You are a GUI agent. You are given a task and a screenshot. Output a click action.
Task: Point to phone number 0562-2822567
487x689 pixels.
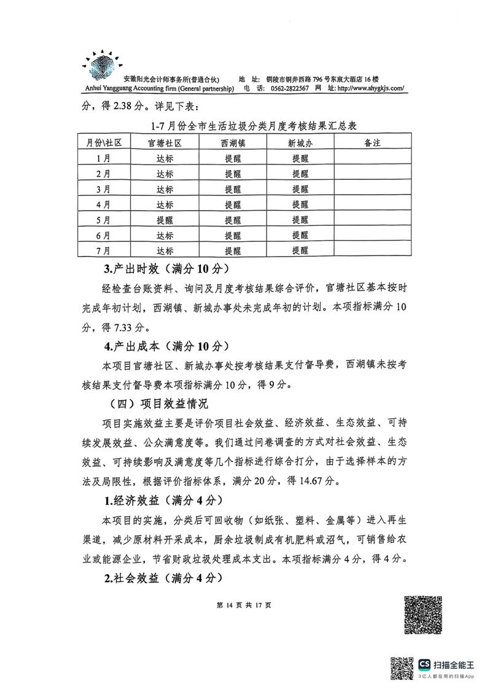(x=287, y=89)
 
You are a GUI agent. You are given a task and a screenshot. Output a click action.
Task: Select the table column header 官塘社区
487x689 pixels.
(x=165, y=142)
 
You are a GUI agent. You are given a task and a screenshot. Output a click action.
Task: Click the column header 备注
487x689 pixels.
(x=373, y=142)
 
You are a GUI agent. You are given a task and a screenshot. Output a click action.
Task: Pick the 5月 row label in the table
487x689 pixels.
(x=104, y=219)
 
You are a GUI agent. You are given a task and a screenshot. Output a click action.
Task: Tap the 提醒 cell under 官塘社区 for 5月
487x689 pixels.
(x=165, y=219)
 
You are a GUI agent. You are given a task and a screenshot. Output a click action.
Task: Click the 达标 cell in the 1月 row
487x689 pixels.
(x=165, y=158)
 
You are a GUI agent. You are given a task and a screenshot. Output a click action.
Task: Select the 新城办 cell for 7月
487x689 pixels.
(x=300, y=250)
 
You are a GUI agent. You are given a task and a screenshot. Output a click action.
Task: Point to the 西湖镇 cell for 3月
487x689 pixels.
(x=233, y=189)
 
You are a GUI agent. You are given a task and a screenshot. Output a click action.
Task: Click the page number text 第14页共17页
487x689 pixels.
(x=244, y=605)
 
